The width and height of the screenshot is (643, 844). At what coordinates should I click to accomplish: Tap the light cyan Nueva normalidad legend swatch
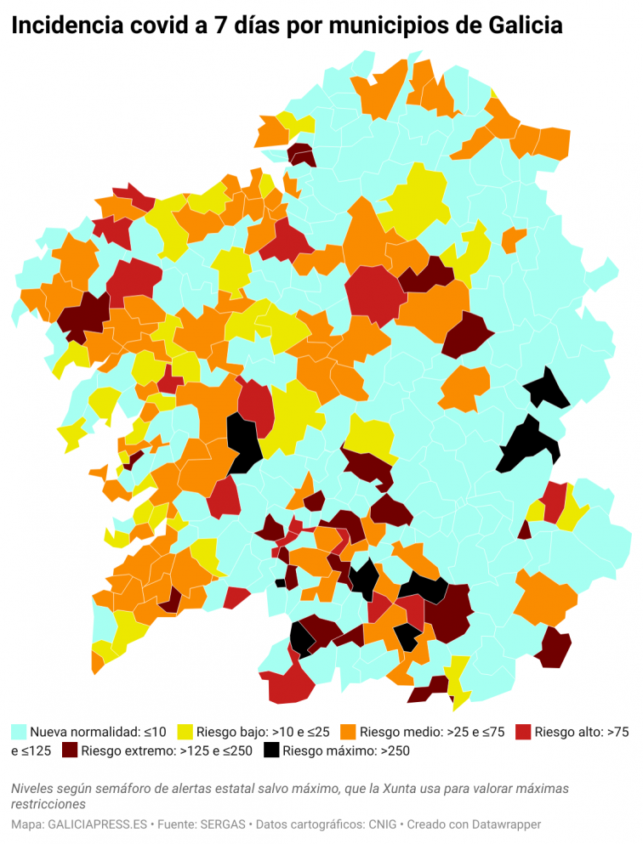coord(18,731)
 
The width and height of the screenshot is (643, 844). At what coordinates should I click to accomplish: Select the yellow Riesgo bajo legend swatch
coord(185,731)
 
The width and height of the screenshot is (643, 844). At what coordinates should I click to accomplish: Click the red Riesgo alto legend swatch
coord(523,731)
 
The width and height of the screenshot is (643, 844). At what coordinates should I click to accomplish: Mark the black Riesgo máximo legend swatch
coord(271,751)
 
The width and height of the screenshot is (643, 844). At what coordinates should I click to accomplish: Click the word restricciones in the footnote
coord(48,804)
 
